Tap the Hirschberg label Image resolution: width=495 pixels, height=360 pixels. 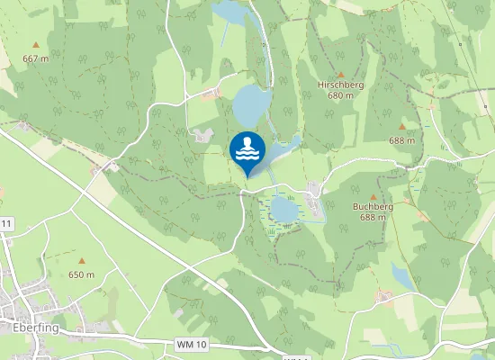(x=340, y=84)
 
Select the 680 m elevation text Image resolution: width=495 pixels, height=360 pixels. (x=340, y=94)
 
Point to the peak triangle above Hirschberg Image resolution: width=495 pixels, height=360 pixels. (x=341, y=74)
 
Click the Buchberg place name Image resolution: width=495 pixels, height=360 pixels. (x=373, y=206)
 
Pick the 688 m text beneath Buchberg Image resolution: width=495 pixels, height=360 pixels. (x=373, y=217)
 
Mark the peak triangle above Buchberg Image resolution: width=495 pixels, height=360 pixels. (x=373, y=195)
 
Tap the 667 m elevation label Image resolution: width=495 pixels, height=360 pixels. (x=35, y=58)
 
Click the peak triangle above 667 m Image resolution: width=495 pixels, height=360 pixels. (x=36, y=44)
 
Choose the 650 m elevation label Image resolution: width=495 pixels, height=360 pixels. (x=82, y=274)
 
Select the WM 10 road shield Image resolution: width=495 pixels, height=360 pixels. (x=192, y=345)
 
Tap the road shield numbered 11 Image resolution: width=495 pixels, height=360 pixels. (x=5, y=222)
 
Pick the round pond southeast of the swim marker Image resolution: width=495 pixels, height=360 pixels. (x=284, y=210)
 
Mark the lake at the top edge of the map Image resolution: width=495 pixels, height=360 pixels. (x=229, y=11)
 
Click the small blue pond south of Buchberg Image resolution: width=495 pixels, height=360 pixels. (x=404, y=277)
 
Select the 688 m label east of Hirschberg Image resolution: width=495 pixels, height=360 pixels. (x=401, y=140)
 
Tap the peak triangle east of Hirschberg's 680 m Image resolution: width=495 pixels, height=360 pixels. (x=401, y=127)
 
